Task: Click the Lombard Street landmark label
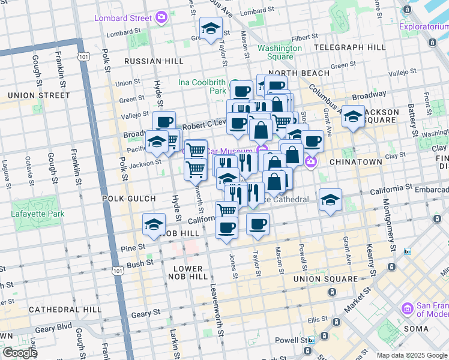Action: point(122,18)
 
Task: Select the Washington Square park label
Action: point(280,52)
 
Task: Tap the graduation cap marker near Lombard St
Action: point(211,28)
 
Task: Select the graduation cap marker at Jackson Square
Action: point(354,116)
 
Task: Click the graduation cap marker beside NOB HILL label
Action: point(154,224)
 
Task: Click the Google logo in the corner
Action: point(19,353)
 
